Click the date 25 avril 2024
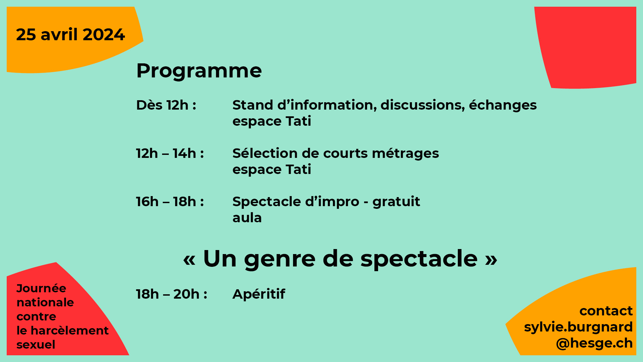tap(70, 35)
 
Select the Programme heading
tap(199, 71)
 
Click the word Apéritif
tap(259, 294)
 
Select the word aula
tap(247, 218)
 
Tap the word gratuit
tap(396, 202)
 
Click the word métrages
tap(405, 154)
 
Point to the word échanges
tap(503, 105)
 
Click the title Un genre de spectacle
tap(340, 259)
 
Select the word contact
tap(606, 311)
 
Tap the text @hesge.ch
tap(594, 343)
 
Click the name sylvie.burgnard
tap(578, 327)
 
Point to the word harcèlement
tap(70, 330)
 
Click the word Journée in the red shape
tap(41, 288)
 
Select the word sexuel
tap(36, 345)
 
